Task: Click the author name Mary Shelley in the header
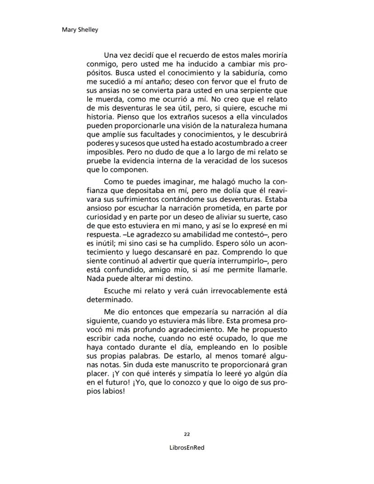(79, 30)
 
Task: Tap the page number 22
(187, 434)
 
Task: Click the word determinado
(109, 299)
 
